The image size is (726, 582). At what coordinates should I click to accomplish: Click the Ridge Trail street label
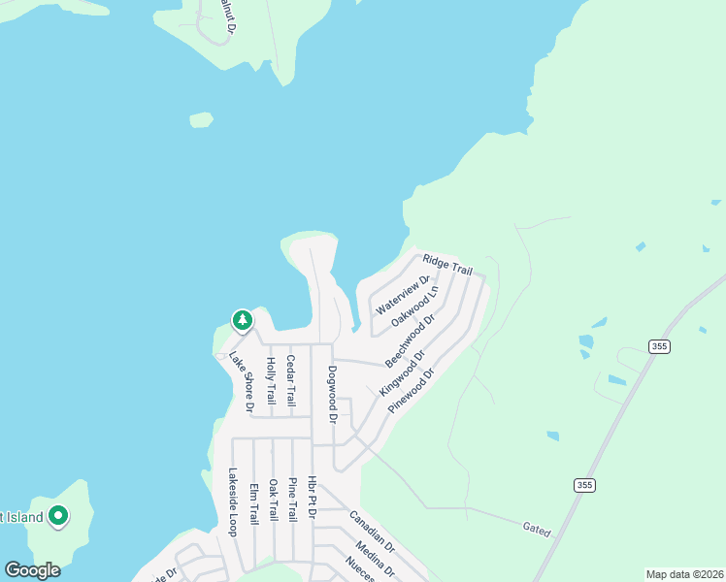[447, 266]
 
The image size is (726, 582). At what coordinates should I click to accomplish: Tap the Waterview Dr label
[403, 295]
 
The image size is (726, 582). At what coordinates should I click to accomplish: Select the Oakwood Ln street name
[414, 306]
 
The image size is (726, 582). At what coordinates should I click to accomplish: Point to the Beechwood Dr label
[412, 339]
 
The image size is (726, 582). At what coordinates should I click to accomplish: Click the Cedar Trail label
[290, 380]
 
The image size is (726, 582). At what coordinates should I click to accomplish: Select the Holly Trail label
[271, 381]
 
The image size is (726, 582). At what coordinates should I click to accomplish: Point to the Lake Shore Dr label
[241, 381]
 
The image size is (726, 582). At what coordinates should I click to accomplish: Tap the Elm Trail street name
[253, 503]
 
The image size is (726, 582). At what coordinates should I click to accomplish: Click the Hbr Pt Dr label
[312, 498]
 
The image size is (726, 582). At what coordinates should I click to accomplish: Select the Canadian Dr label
[372, 532]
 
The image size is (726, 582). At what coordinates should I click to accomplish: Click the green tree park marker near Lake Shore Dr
[242, 319]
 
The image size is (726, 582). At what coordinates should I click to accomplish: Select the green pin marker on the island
[58, 517]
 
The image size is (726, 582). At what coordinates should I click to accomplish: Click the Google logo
[33, 570]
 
